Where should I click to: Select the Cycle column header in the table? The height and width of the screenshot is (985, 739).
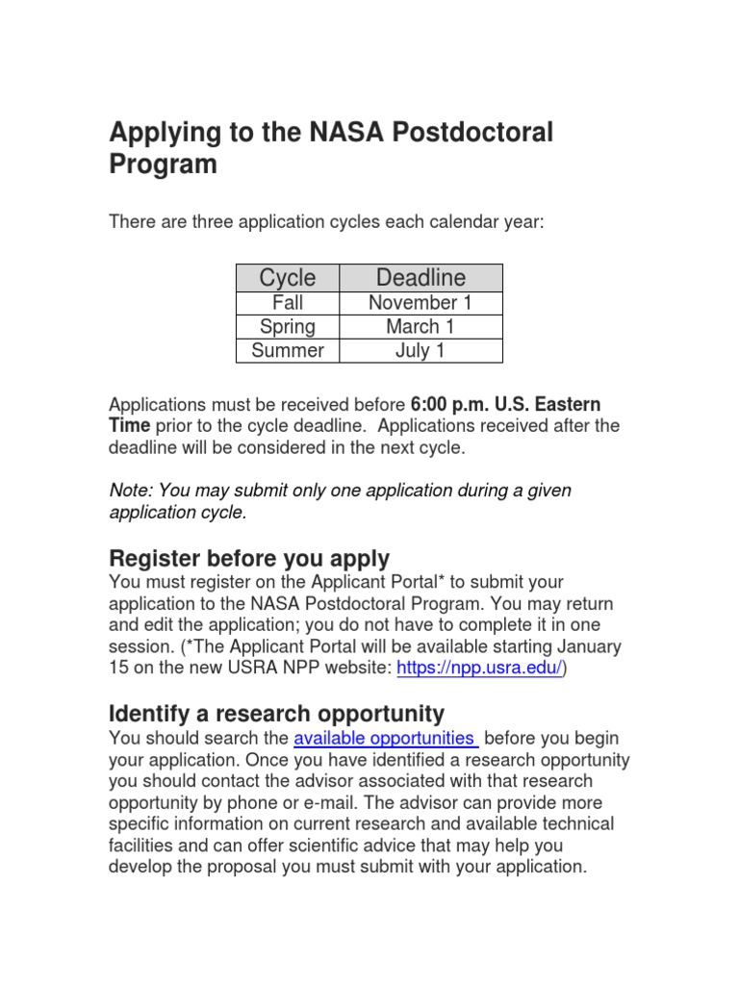point(287,278)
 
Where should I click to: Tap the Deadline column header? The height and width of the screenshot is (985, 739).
point(420,278)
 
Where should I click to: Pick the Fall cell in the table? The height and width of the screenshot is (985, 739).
point(287,303)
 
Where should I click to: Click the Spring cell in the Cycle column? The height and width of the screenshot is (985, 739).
point(287,327)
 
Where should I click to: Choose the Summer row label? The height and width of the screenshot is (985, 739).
point(287,351)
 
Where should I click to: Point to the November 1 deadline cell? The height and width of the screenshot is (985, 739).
point(420,303)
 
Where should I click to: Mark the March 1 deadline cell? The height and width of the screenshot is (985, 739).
point(420,327)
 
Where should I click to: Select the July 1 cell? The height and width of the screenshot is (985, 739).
point(420,351)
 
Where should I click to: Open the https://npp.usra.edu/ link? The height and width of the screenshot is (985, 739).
point(479,669)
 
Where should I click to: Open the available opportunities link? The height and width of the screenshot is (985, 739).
point(384,738)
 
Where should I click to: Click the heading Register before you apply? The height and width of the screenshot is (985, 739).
point(249,558)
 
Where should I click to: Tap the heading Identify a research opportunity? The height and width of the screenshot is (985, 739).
point(277,714)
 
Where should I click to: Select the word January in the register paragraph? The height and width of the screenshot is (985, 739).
point(588,646)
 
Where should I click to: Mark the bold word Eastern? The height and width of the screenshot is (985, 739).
point(567,403)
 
